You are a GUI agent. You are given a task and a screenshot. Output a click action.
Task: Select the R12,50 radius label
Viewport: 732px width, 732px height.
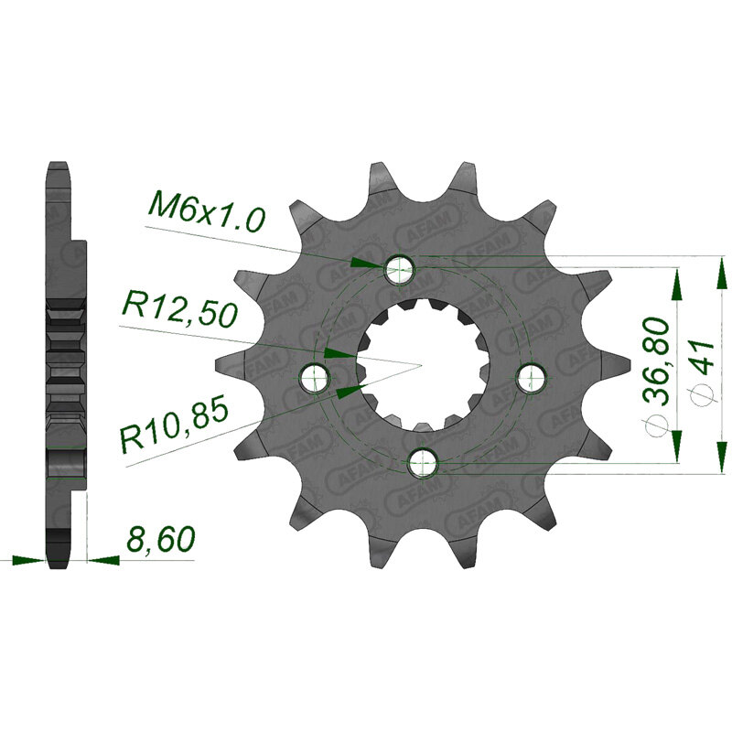tap(179, 311)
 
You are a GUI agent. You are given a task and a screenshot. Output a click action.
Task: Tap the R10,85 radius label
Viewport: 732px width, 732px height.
tap(175, 425)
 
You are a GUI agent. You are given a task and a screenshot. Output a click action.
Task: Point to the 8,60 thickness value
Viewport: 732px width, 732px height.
tap(160, 541)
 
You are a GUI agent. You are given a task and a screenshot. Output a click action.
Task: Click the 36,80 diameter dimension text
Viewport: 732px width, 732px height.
tap(656, 361)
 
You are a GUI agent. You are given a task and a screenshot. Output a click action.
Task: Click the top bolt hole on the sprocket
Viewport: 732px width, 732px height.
tap(399, 270)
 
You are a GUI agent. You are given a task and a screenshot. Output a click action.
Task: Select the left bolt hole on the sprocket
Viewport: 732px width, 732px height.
tap(316, 377)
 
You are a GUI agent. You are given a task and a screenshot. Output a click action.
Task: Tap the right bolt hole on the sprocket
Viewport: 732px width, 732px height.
tap(531, 377)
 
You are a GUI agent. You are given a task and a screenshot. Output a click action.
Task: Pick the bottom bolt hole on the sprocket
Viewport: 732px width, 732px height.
tap(423, 462)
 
